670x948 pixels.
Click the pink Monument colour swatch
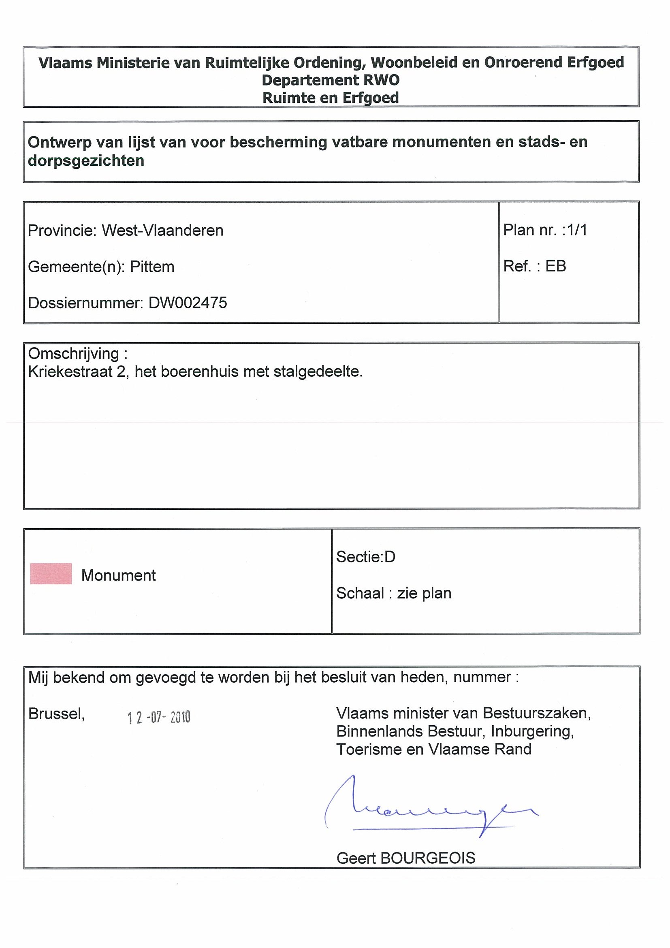pos(51,574)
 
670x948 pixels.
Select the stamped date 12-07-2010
pos(159,717)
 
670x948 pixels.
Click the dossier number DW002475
pos(188,303)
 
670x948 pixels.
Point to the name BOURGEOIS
pos(428,858)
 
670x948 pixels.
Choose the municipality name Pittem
pos(152,267)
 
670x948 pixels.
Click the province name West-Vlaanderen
pos(162,231)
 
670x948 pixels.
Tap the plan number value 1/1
pos(577,230)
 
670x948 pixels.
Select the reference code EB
pos(556,266)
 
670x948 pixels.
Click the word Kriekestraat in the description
pos(70,372)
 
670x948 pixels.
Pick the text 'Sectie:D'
pos(366,557)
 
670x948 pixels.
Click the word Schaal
pos(360,594)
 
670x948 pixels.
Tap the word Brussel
pos(56,713)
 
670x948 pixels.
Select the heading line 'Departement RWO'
pos(331,80)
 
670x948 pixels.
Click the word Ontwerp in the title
pos(59,143)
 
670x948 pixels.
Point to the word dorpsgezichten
pos(86,160)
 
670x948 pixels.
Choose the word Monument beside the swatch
pos(118,575)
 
